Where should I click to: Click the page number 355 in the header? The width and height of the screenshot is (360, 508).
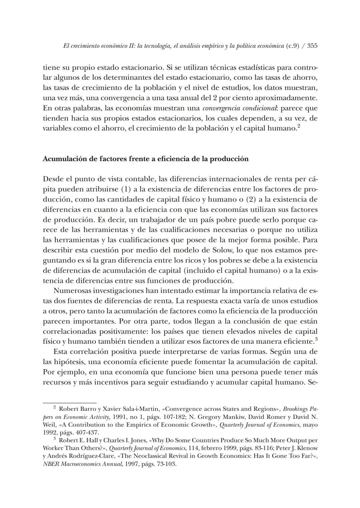[312, 46]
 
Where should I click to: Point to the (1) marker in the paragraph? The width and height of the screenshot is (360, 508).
[125, 189]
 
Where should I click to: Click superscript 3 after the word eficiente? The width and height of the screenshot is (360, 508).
[316, 339]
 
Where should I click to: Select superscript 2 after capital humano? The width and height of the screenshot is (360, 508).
[299, 126]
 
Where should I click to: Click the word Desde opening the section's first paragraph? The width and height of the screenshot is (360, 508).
[53, 179]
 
